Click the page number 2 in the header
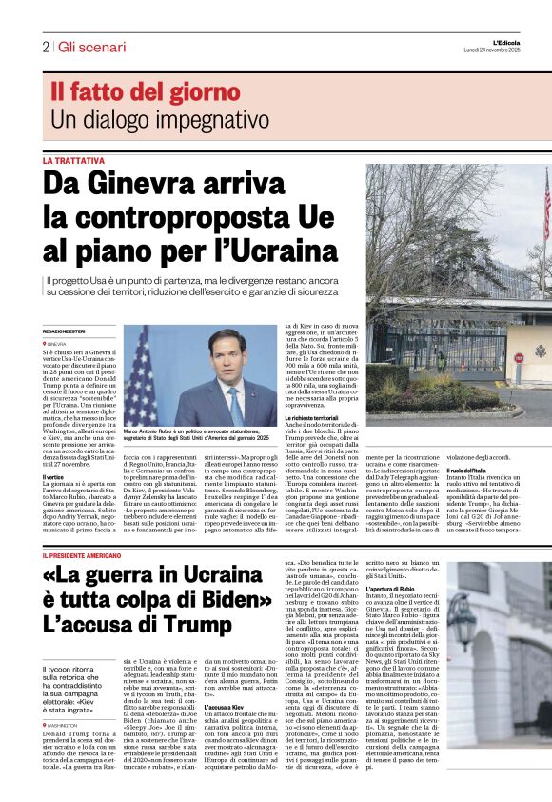[45, 47]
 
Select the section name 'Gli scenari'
[91, 47]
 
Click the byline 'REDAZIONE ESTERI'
[65, 331]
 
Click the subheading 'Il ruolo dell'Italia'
[469, 471]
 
